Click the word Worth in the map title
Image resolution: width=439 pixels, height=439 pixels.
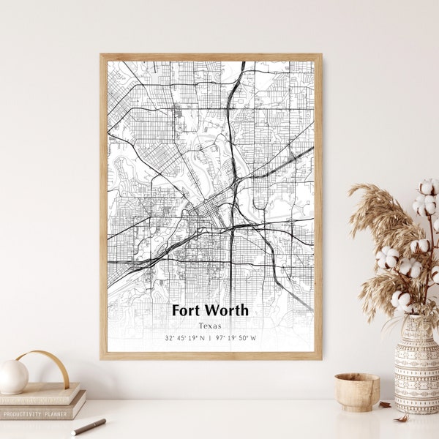[x=227, y=310]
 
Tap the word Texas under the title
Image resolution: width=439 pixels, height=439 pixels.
[x=210, y=326]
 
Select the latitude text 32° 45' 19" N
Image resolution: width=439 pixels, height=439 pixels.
[x=185, y=338]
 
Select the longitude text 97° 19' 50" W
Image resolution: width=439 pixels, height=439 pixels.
[x=236, y=338]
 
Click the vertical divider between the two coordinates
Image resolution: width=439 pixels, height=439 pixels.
[x=210, y=338]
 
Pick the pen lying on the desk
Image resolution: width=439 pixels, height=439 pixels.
[x=89, y=427]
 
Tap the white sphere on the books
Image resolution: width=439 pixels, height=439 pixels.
[x=13, y=377]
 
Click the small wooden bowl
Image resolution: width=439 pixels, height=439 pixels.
[x=357, y=391]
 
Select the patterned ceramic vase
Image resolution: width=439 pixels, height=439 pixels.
[x=416, y=366]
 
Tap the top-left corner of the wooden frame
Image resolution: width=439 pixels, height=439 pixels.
[x=102, y=56]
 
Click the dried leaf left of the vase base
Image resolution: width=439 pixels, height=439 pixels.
[x=386, y=404]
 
